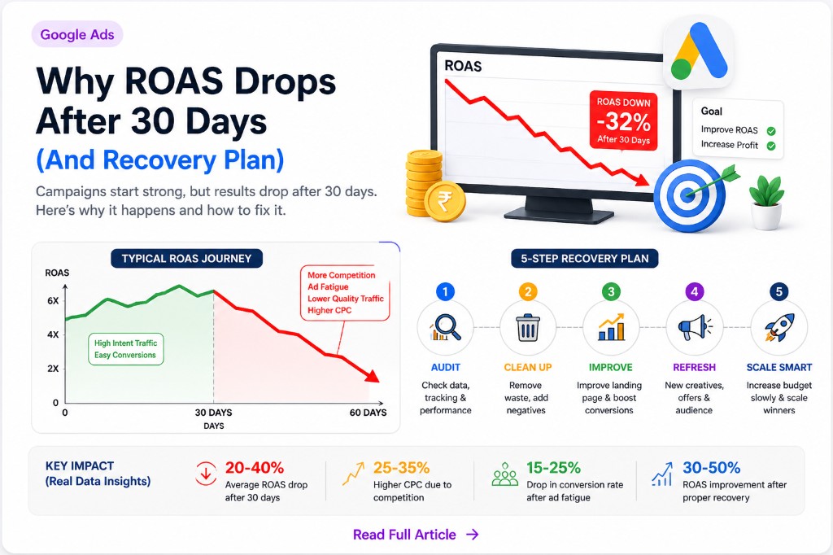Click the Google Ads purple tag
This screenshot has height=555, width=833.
77,35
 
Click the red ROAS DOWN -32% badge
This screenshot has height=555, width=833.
623,120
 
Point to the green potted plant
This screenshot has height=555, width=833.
766,201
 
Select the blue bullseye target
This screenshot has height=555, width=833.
689,195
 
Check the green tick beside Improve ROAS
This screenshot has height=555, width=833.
771,130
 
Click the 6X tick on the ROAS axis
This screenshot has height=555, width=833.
53,301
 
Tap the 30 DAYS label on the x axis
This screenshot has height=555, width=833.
213,413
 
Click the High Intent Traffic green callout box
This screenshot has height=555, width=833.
125,349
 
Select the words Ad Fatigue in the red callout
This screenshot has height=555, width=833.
328,287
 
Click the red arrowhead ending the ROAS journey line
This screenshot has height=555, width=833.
372,376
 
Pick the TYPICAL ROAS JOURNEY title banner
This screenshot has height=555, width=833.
186,259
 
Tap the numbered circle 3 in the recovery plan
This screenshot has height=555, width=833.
611,291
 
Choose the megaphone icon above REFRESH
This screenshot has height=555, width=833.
695,327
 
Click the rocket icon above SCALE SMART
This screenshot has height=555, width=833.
779,327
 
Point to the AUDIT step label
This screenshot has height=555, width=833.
445,367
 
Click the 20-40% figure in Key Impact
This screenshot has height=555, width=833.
255,468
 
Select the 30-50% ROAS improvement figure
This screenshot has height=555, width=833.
711,468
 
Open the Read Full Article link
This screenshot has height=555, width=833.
416,535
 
